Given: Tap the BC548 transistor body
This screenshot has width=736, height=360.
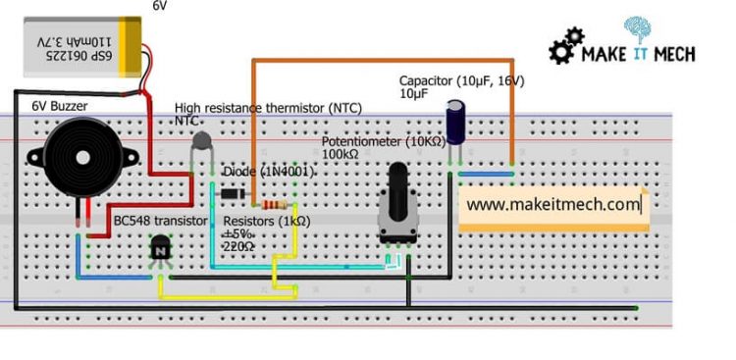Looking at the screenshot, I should click(160, 252).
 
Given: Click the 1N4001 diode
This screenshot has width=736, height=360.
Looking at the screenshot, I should click(232, 193).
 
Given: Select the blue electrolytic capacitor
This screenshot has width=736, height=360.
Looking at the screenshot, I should click(457, 123).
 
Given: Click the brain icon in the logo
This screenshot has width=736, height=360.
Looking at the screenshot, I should click(636, 29).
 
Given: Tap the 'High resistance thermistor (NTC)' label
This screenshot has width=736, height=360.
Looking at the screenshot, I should click(268, 106).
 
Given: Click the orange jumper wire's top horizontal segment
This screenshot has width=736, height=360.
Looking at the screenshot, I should click(383, 61).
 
